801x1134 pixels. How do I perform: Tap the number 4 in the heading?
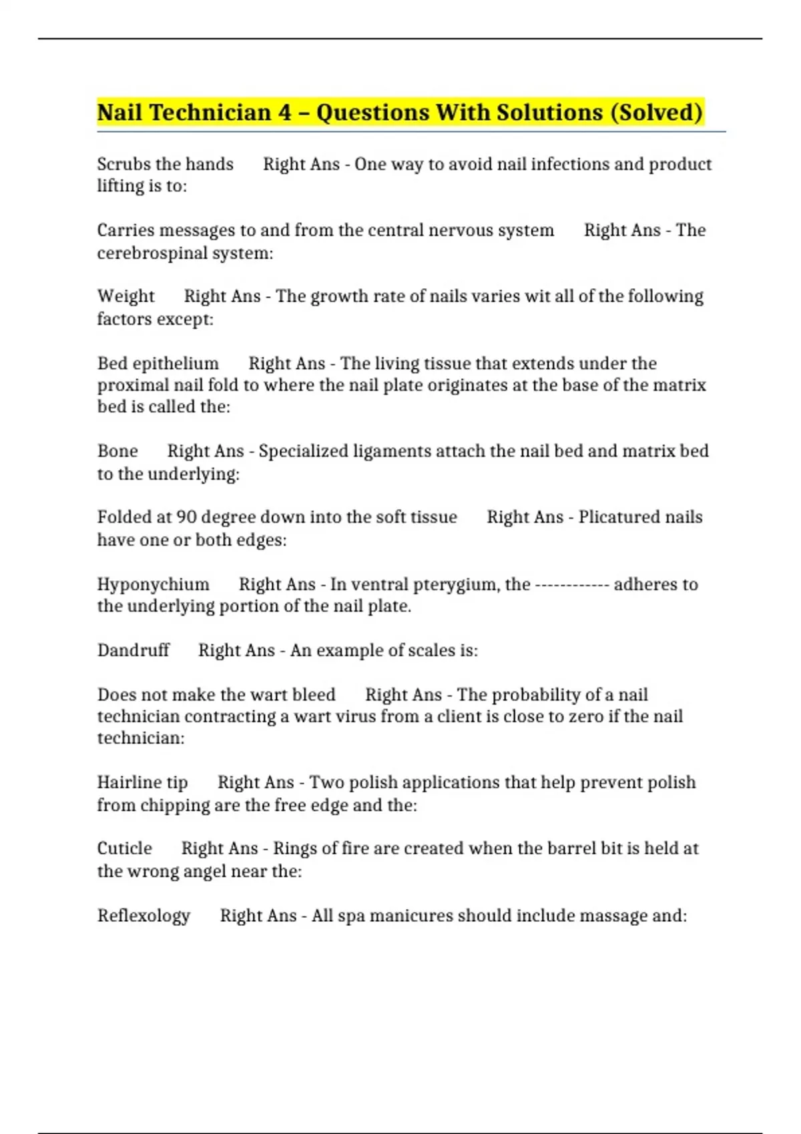[x=285, y=112]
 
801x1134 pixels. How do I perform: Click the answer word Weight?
[x=125, y=296]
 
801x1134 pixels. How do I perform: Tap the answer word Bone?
[x=117, y=452]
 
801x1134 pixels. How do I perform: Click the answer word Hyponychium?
[x=153, y=584]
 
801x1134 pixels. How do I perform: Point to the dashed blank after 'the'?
[x=572, y=585]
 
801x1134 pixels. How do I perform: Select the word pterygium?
[x=457, y=584]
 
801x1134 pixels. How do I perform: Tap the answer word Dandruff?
[x=133, y=650]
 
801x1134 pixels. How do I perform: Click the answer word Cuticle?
[x=124, y=848]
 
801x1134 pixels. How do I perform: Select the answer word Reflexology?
[x=144, y=916]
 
